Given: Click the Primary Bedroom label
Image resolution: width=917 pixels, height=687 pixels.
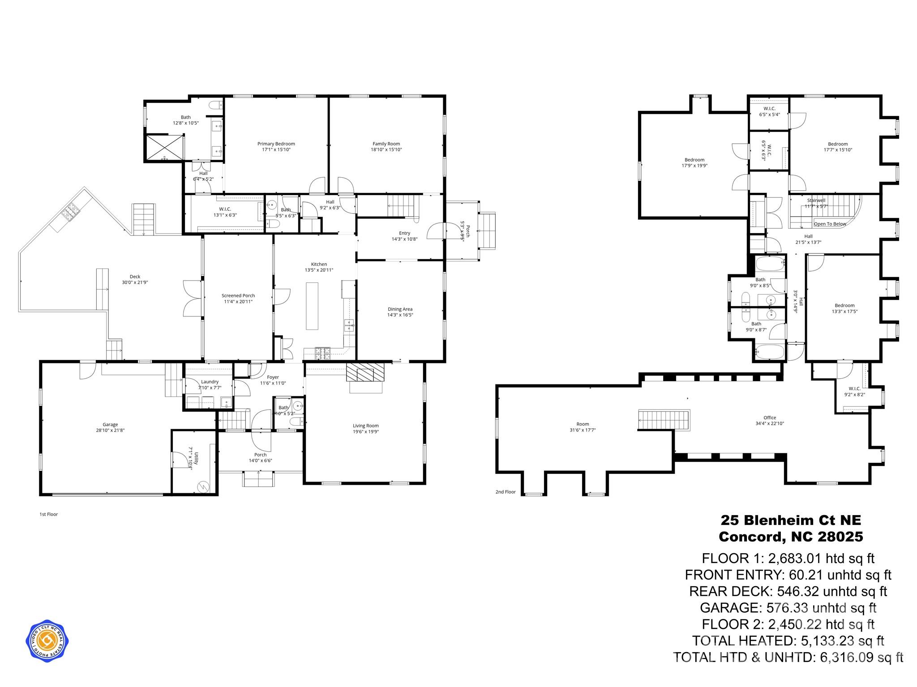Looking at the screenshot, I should [x=276, y=144].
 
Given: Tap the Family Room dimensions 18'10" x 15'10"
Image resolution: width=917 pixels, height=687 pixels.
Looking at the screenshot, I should [x=386, y=149].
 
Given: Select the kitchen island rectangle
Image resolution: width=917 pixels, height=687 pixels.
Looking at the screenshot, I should [x=312, y=306].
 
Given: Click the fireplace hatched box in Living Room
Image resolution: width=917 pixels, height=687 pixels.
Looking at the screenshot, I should [x=365, y=372].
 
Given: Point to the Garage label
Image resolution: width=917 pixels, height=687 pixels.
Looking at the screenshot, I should [x=110, y=424].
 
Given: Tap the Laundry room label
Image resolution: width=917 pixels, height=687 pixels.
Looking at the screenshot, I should [x=210, y=382].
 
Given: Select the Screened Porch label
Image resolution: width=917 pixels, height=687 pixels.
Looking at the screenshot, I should [x=238, y=295].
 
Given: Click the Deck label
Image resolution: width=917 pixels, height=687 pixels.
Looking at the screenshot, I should [x=135, y=277].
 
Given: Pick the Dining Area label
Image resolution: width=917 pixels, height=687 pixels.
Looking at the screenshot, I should [x=400, y=309].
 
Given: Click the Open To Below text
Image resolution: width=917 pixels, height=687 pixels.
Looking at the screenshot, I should [x=830, y=224].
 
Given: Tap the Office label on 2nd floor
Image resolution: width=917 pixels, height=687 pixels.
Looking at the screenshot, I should [x=770, y=418].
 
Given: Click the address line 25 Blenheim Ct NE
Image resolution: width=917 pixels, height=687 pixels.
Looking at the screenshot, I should [x=790, y=520].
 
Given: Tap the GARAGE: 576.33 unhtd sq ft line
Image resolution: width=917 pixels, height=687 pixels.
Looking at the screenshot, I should [x=788, y=607].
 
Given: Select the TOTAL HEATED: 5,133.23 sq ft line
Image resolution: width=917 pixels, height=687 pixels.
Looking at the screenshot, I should [x=788, y=640].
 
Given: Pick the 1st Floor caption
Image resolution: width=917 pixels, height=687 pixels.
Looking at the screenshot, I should [x=48, y=514].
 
